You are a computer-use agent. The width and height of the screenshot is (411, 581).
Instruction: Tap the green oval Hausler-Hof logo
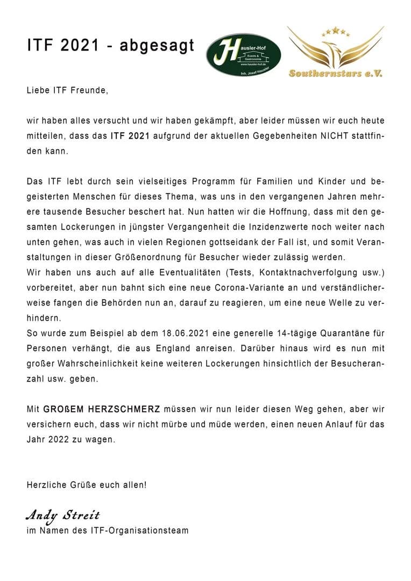click(244, 54)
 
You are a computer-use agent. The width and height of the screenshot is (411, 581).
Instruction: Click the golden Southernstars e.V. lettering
click(336, 73)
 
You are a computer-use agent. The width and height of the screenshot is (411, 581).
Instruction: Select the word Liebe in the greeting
click(37, 91)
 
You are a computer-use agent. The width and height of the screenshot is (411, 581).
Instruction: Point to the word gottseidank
click(244, 242)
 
